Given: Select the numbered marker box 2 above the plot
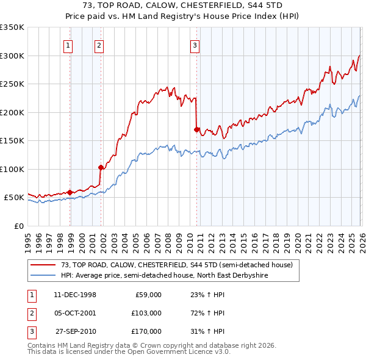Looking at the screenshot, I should pyautogui.click(x=99, y=45).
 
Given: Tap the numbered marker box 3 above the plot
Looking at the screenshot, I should pyautogui.click(x=195, y=45).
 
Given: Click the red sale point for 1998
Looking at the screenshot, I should pyautogui.click(x=70, y=192).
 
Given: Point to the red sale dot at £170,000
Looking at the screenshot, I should pyautogui.click(x=196, y=129).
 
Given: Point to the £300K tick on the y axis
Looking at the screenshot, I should pyautogui.click(x=12, y=56).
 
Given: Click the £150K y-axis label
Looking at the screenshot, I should pyautogui.click(x=12, y=140).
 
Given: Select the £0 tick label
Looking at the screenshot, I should pyautogui.click(x=18, y=226).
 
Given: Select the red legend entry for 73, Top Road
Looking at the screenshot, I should pyautogui.click(x=177, y=265).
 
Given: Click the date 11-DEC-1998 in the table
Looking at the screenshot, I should pyautogui.click(x=75, y=295).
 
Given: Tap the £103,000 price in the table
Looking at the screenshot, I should pyautogui.click(x=146, y=313).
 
